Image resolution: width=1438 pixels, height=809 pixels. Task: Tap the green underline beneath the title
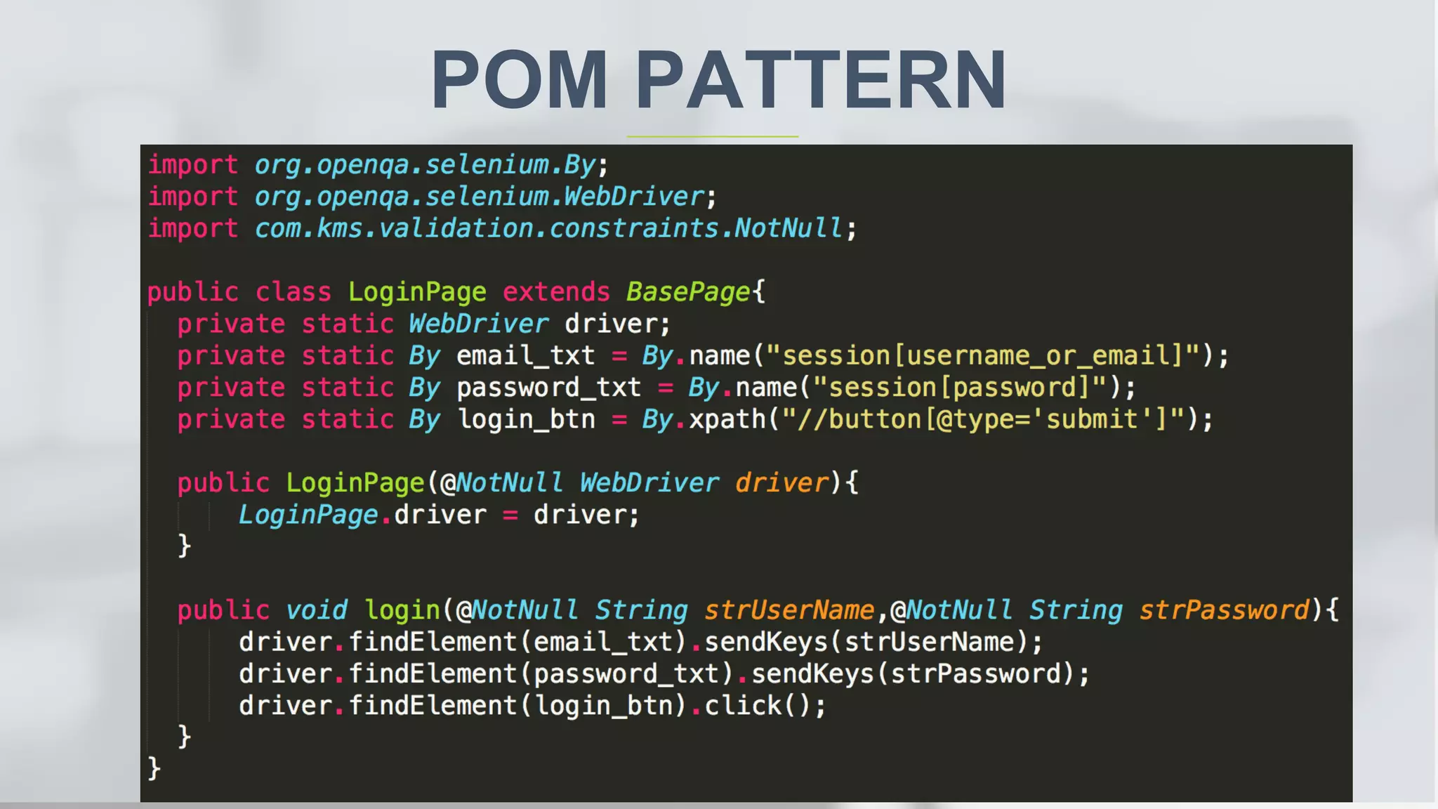click(x=712, y=136)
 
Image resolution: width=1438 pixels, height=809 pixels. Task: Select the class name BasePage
click(x=688, y=292)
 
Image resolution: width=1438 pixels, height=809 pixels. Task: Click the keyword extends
click(x=556, y=292)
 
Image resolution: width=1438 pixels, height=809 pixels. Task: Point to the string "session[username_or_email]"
click(x=982, y=356)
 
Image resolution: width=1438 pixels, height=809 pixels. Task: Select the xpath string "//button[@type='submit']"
click(x=982, y=419)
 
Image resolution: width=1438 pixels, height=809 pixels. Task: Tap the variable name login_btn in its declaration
click(x=526, y=419)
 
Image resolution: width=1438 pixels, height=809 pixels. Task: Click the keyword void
click(x=317, y=610)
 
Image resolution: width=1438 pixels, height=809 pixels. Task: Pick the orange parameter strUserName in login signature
click(x=789, y=610)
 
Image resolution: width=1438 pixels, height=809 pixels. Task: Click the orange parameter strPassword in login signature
click(x=1224, y=610)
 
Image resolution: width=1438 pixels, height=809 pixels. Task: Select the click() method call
click(x=758, y=706)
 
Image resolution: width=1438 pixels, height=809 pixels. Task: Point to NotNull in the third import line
click(x=788, y=228)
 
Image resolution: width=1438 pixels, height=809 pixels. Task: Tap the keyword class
click(x=293, y=292)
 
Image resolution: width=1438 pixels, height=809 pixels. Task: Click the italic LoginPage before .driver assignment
click(x=308, y=515)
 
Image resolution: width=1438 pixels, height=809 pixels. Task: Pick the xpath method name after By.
click(x=727, y=419)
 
